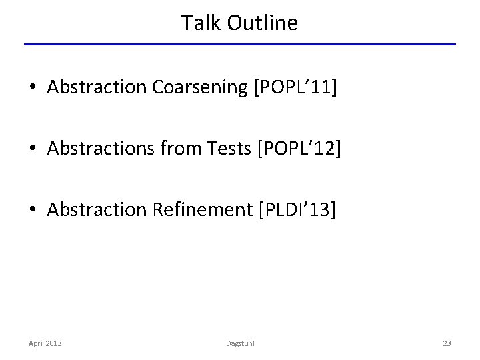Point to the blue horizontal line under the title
[x=240, y=45]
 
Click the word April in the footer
[x=37, y=343]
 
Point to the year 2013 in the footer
[x=54, y=343]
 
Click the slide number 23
[x=447, y=343]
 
